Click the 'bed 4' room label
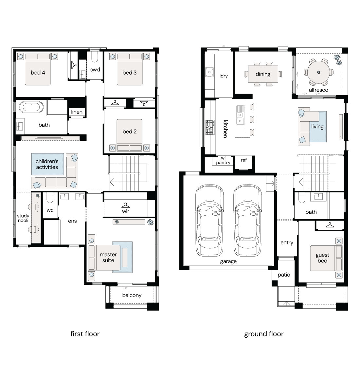[x=38, y=72]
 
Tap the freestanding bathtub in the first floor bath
[x=31, y=107]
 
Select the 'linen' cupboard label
[x=77, y=112]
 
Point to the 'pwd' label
[x=95, y=70]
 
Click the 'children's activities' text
[x=47, y=164]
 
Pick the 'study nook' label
[x=23, y=218]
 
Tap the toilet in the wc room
[x=50, y=198]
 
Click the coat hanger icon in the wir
[x=126, y=205]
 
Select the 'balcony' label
[x=132, y=295]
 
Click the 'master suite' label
[x=108, y=257]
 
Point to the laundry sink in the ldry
[x=209, y=72]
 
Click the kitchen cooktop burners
[x=210, y=127]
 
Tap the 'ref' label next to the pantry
[x=244, y=160]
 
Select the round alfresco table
[x=318, y=72]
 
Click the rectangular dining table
[x=263, y=74]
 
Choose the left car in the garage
[x=209, y=220]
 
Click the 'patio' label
[x=284, y=275]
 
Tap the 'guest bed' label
[x=322, y=258]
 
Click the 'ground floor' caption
[x=264, y=334]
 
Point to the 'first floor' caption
[x=85, y=334]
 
